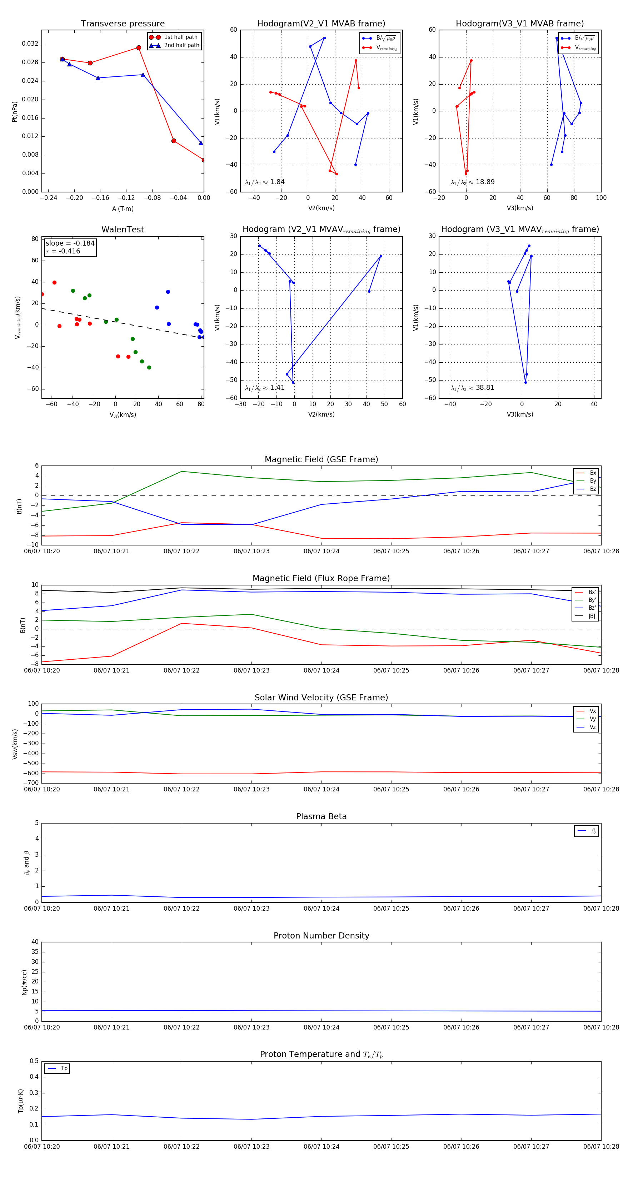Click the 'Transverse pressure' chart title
[123, 24]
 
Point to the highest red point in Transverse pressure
[139, 47]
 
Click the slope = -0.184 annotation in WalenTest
[70, 243]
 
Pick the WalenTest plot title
[123, 230]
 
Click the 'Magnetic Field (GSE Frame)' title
[321, 459]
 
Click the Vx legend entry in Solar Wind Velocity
[592, 711]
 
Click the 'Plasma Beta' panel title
[321, 816]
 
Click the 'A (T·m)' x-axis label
[123, 208]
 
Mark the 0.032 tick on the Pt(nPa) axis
[30, 44]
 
